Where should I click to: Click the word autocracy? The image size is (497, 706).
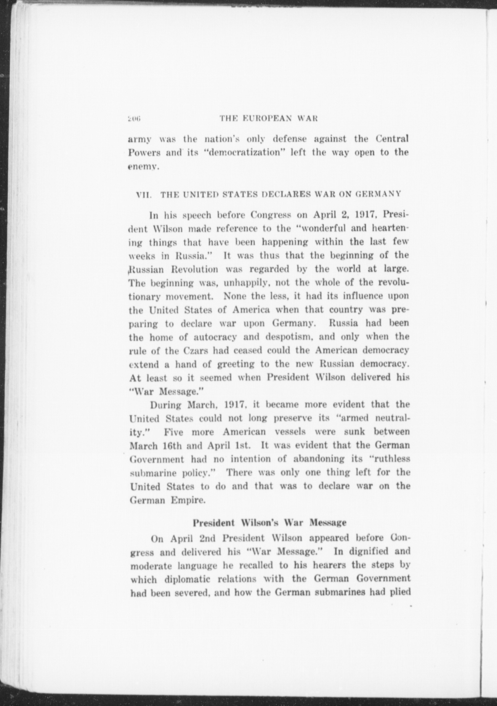point(215,337)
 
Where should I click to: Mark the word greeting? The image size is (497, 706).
point(236,364)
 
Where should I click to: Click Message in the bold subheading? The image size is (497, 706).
point(328,523)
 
